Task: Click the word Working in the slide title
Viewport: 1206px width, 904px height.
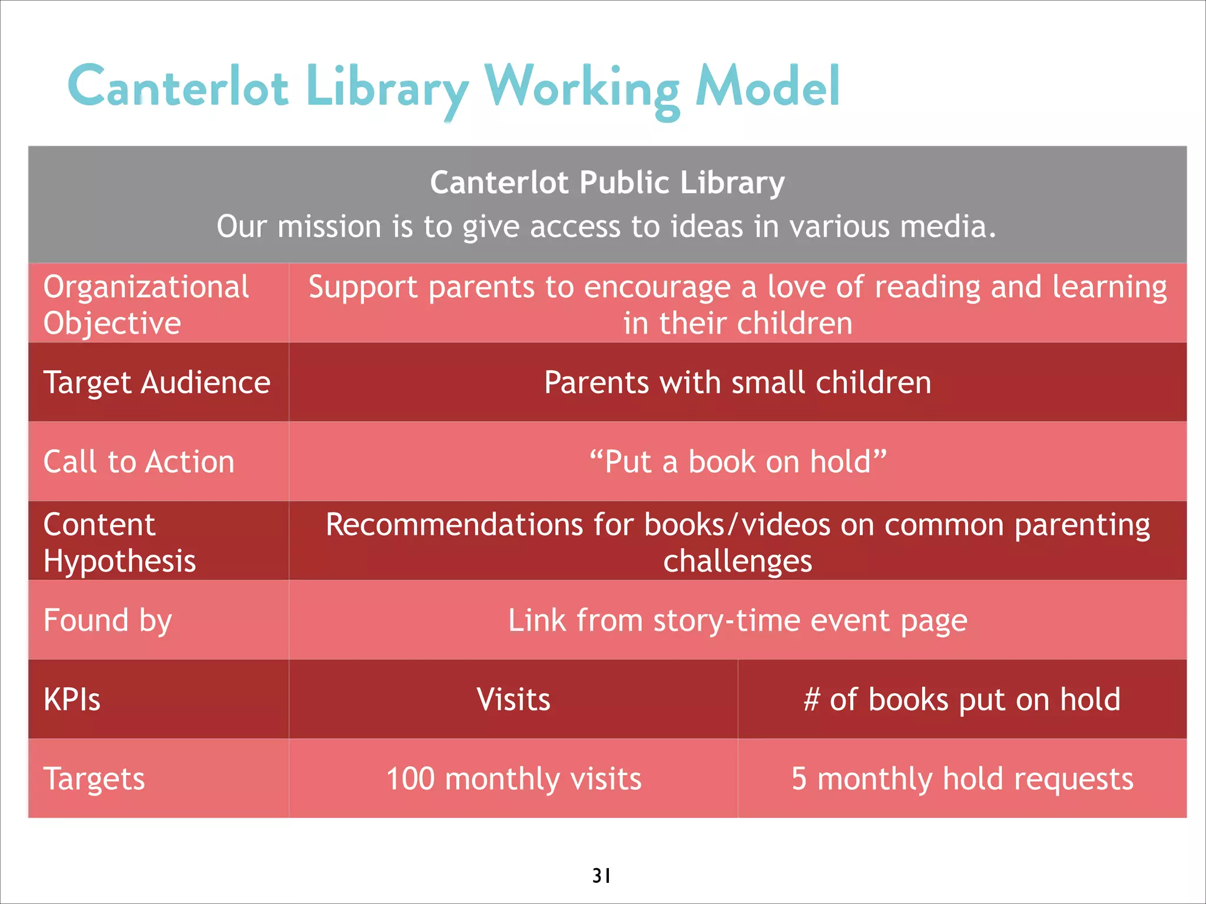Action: coord(582,88)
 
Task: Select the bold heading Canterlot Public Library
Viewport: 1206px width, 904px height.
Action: coord(607,182)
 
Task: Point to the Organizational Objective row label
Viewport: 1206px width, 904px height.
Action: coord(145,304)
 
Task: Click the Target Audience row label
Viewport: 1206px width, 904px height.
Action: coord(157,383)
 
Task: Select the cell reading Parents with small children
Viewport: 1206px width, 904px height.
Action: coord(737,383)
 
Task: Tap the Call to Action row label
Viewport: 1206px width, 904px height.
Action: coord(139,461)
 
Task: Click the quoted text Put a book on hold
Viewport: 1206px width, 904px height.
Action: coord(737,461)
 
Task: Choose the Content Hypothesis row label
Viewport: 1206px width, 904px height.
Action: coord(119,542)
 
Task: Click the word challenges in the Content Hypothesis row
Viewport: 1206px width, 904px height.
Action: coord(737,561)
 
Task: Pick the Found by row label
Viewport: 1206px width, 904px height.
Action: coord(108,620)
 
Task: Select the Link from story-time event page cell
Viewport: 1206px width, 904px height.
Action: coord(737,620)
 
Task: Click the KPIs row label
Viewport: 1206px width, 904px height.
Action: coord(72,700)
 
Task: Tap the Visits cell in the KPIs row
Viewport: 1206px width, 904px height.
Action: coord(513,700)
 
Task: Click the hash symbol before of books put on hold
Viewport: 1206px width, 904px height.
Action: coord(811,700)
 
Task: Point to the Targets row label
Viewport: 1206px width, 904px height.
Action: coord(94,779)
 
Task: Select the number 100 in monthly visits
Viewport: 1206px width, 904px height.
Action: coord(410,779)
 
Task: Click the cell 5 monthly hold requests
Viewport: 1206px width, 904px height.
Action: coord(962,779)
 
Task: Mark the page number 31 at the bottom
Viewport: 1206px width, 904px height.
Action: coord(601,876)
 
